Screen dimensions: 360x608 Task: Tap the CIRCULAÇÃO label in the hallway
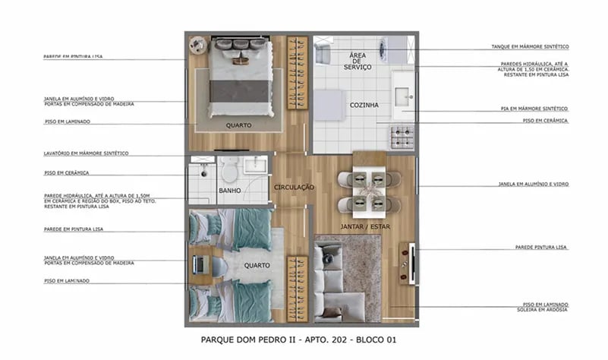294,187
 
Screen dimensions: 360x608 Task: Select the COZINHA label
364,105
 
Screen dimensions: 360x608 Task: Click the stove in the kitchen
402,137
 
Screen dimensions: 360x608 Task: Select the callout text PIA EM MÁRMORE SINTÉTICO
534,109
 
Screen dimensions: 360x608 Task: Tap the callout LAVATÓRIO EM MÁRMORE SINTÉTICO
86,153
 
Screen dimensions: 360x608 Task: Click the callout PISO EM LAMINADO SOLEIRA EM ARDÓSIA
535,308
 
